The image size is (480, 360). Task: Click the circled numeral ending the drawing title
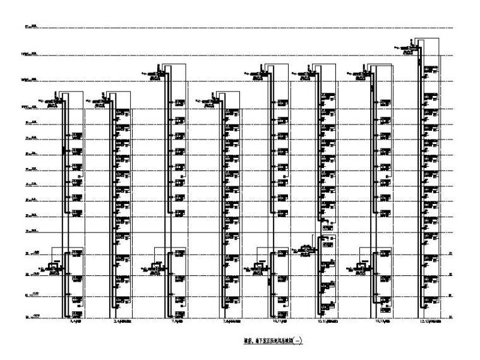tap(299, 342)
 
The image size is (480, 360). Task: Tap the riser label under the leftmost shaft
tap(73, 321)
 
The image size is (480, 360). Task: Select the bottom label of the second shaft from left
tap(123, 321)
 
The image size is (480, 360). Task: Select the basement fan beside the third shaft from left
tap(155, 268)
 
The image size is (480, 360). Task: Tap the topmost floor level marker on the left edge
tap(30, 27)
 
